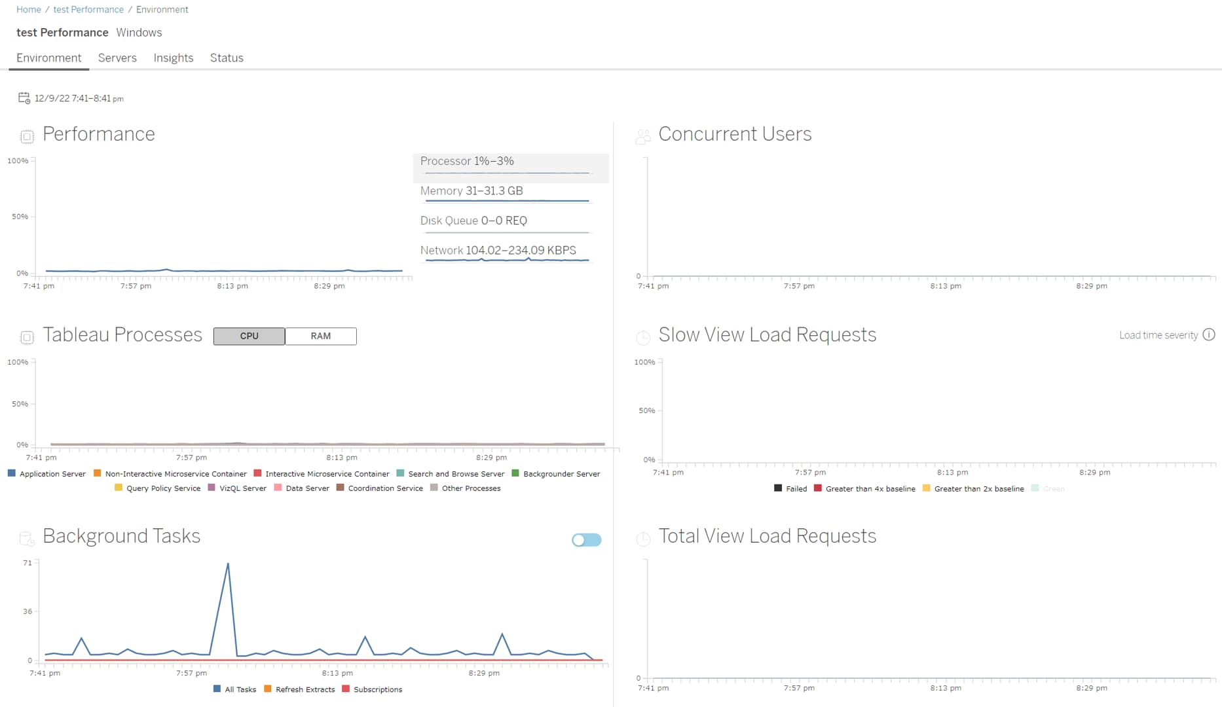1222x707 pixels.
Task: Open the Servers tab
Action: coord(117,58)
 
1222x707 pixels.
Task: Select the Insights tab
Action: coord(173,58)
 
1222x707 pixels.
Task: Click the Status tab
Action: coord(227,58)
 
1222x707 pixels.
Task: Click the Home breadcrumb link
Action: coord(28,9)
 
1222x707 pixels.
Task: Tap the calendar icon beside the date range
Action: coord(24,98)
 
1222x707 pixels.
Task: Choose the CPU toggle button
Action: coord(249,336)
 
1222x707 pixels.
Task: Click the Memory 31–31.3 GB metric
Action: coord(472,190)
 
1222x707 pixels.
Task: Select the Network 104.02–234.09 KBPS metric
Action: coord(498,250)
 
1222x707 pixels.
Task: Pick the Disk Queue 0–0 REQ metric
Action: coord(473,221)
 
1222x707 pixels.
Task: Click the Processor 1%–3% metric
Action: coord(467,161)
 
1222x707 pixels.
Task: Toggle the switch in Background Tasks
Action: coord(586,540)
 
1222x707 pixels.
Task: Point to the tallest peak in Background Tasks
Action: coord(228,564)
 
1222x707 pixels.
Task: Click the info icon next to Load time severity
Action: coord(1209,335)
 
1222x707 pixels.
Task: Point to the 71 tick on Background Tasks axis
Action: coord(28,563)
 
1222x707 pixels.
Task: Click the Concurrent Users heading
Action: coord(735,134)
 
